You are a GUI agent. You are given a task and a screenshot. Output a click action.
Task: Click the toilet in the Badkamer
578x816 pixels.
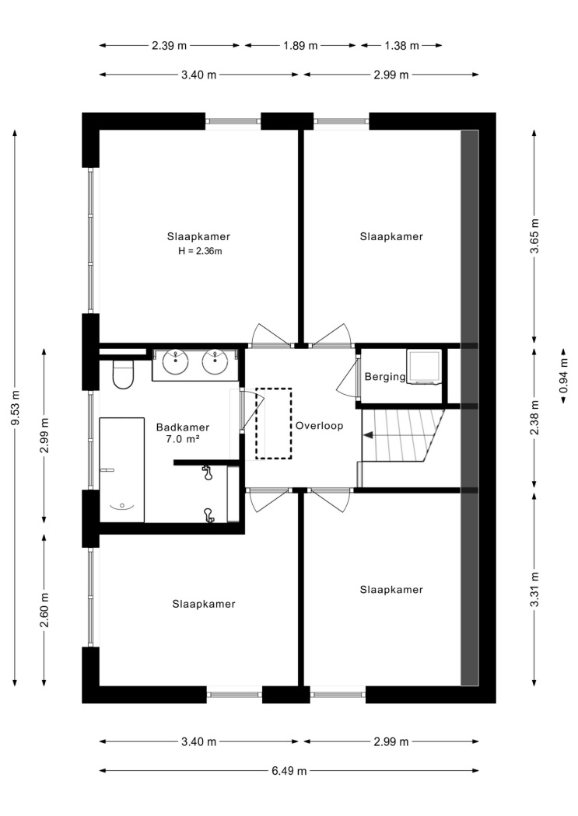(x=124, y=374)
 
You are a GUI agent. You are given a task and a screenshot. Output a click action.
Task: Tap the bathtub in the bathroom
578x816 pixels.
(x=122, y=469)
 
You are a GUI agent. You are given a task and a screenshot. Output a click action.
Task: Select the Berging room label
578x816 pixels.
(x=385, y=377)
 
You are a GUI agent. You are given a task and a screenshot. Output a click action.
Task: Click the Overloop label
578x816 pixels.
(x=319, y=426)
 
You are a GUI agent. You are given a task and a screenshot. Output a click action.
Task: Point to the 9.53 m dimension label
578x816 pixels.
(x=16, y=407)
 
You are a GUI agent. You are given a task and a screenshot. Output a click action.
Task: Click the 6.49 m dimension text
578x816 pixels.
(x=289, y=771)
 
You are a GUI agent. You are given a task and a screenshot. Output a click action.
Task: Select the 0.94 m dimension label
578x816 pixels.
(x=563, y=375)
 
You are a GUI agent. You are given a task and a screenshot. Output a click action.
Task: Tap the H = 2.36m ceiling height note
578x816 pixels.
(x=200, y=251)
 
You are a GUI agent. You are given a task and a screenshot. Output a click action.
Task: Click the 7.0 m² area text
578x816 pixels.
(x=184, y=439)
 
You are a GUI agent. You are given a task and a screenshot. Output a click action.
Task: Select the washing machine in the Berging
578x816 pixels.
(x=424, y=367)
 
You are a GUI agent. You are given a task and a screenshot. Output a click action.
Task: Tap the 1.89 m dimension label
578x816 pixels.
(x=300, y=46)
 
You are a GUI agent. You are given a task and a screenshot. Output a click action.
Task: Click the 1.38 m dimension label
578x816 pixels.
(x=401, y=46)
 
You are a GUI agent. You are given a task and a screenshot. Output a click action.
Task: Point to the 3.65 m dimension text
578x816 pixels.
(x=534, y=235)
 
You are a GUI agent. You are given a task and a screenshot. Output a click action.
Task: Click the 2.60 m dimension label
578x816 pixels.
(x=45, y=610)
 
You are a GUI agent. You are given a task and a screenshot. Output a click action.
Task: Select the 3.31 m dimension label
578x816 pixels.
(x=534, y=589)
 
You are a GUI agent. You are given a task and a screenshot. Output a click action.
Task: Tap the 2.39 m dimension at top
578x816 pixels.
(x=170, y=46)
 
